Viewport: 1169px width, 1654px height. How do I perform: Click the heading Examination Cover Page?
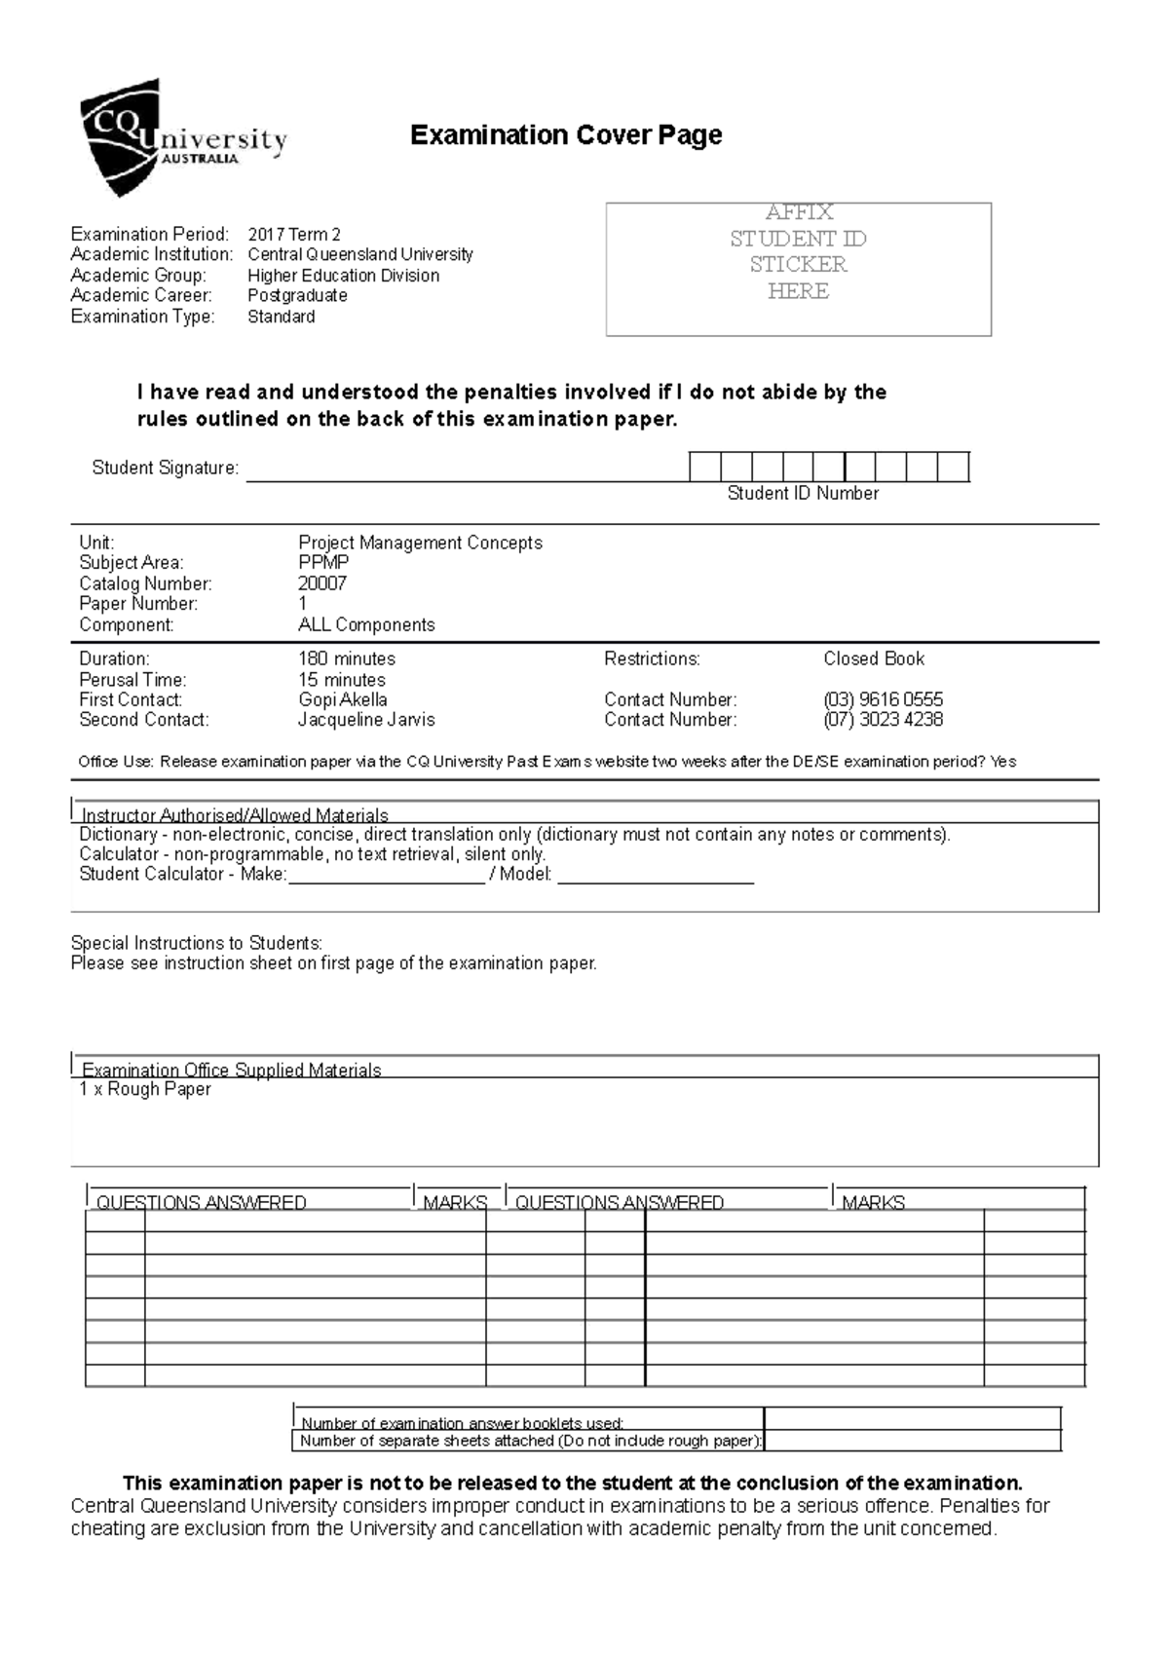tap(566, 134)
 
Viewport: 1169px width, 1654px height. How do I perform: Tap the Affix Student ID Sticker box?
tap(798, 268)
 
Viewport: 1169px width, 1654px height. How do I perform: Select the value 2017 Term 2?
tap(294, 234)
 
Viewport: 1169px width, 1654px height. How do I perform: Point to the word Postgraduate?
tap(297, 295)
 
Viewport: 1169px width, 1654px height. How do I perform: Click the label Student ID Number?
tap(803, 494)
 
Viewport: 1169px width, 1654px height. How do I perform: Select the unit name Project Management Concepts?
tap(420, 543)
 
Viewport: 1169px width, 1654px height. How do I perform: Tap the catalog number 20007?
tap(322, 583)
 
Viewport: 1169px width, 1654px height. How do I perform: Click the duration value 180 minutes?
tap(347, 658)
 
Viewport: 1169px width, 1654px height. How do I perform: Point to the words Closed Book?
tap(874, 658)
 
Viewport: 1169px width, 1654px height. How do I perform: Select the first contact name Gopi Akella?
tap(343, 699)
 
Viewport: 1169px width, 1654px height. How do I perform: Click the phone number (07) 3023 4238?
tap(883, 720)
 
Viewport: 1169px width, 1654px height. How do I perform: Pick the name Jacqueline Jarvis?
tap(366, 720)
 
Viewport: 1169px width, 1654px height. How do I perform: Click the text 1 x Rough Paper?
tap(145, 1089)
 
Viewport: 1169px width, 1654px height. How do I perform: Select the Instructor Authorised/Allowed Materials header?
tap(235, 814)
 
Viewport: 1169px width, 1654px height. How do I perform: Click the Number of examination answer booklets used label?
tap(462, 1423)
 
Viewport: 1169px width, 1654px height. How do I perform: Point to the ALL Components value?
tap(366, 624)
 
